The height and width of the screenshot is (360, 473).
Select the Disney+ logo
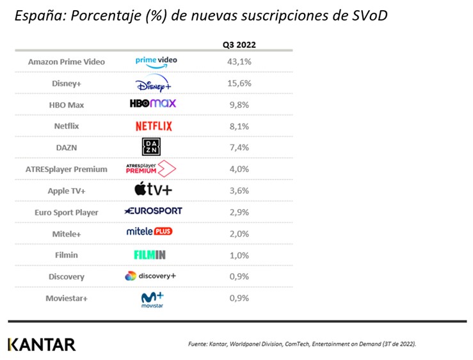pos(154,83)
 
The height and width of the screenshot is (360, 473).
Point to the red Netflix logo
pos(154,126)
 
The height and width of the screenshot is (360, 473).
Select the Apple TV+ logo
pos(153,190)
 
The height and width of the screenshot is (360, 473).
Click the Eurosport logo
pos(153,211)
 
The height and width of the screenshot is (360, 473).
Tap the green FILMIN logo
pos(150,254)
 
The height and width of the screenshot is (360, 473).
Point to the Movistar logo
pos(152,299)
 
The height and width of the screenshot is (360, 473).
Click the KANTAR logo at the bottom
pos(42,344)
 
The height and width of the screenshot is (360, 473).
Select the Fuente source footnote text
pos(301,344)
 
